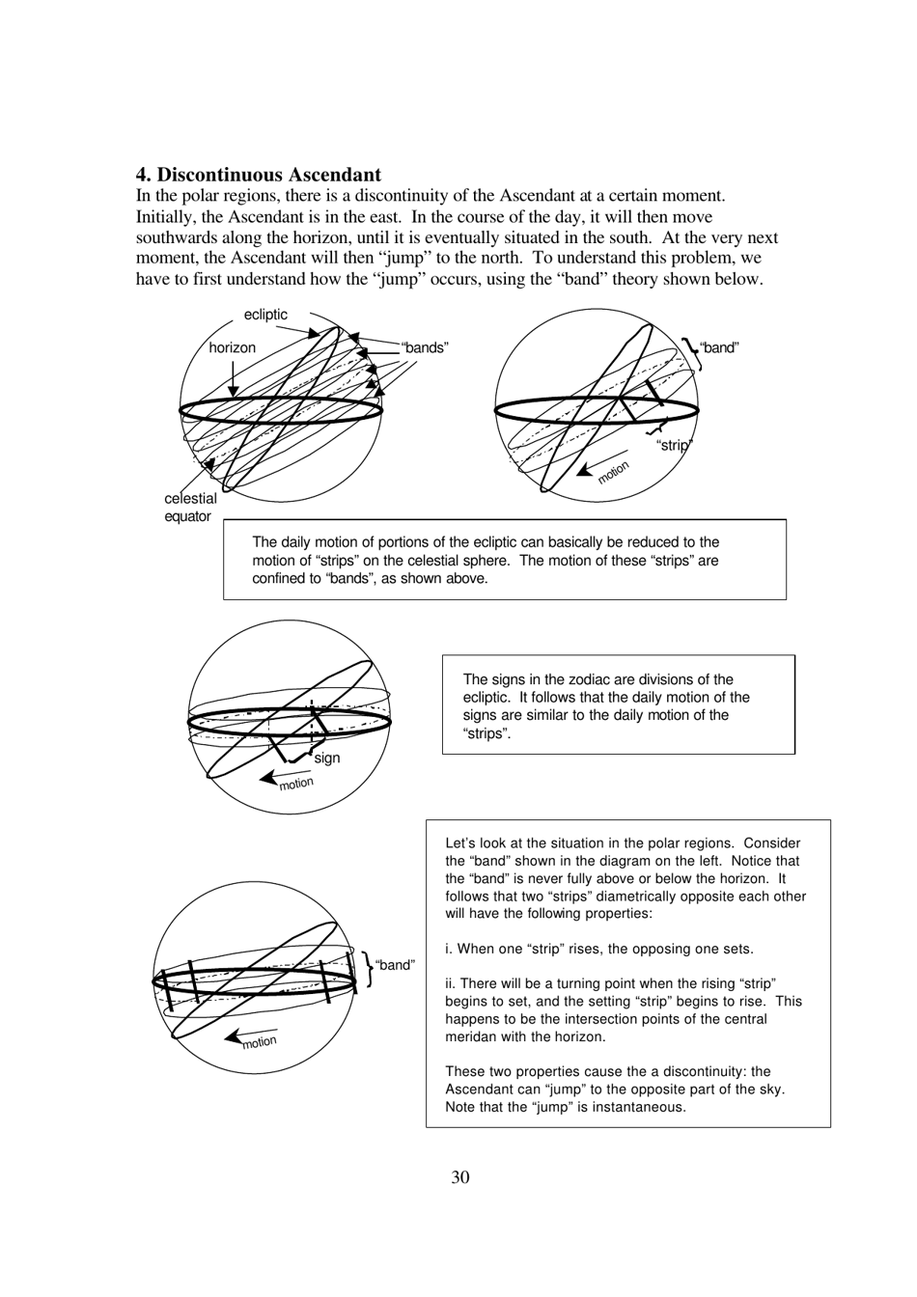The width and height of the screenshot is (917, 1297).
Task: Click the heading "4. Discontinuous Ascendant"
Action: click(258, 175)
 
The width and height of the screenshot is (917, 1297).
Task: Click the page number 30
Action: click(459, 1176)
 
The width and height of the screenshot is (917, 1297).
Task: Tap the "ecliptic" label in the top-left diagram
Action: click(265, 315)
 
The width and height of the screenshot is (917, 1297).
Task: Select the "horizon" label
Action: click(232, 347)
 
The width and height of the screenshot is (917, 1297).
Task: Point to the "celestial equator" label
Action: click(189, 508)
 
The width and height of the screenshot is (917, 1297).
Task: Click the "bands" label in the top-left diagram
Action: click(425, 347)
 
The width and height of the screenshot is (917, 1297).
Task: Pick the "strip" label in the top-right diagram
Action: click(675, 445)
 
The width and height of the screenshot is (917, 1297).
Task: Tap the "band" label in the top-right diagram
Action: click(719, 347)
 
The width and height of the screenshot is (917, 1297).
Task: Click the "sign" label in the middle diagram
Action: click(327, 759)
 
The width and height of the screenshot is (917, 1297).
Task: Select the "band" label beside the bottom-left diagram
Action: click(395, 965)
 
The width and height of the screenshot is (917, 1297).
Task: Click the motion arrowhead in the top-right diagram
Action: click(582, 472)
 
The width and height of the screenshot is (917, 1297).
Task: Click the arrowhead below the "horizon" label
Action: click(233, 392)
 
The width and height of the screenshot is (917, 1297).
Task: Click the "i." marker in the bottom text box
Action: click(449, 949)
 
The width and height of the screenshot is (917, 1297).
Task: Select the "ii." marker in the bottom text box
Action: click(451, 983)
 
